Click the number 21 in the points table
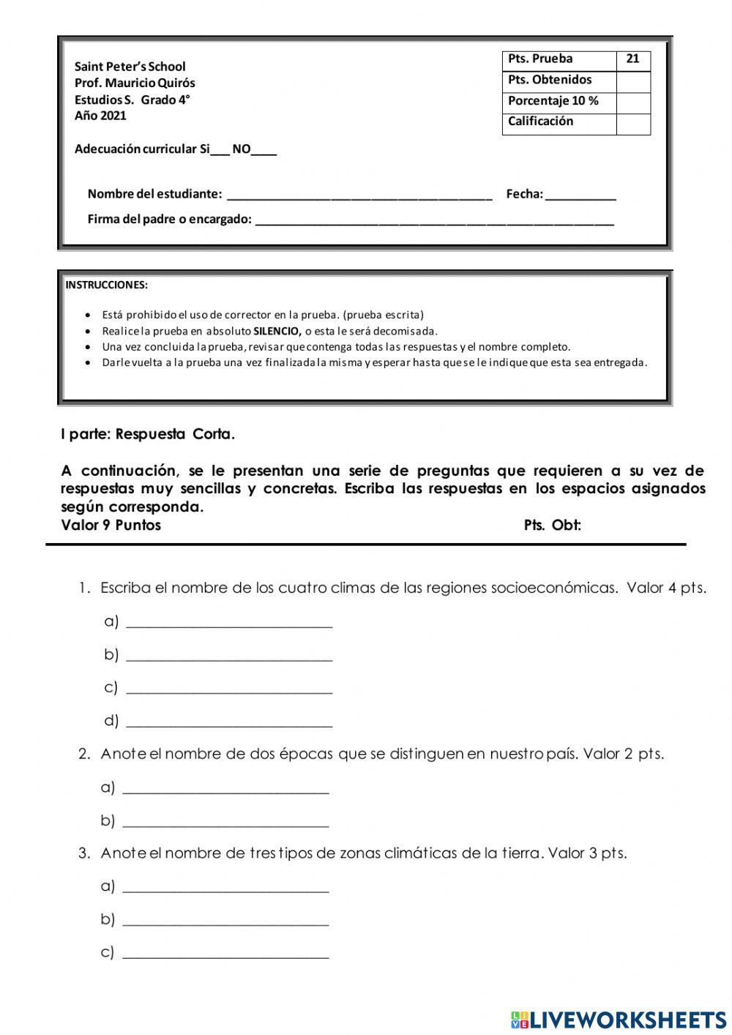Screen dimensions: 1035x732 point(633,59)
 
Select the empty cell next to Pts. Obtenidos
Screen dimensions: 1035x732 point(633,81)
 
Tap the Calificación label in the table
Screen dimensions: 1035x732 point(541,122)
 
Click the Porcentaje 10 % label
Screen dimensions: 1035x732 point(553,101)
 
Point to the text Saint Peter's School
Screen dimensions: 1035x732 point(130,67)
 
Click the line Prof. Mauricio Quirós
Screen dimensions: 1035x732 point(135,83)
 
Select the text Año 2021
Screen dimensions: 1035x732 point(100,116)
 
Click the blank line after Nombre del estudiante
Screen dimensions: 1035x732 point(359,196)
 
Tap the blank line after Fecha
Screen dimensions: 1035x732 point(580,196)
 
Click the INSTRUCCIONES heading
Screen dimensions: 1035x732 point(107,285)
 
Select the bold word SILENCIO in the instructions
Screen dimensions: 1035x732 point(277,332)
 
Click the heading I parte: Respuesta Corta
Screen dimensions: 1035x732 point(148,435)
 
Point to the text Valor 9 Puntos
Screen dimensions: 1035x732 point(111,526)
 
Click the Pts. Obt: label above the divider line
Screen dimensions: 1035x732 point(553,526)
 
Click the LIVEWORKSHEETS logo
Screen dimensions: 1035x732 point(619,1020)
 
